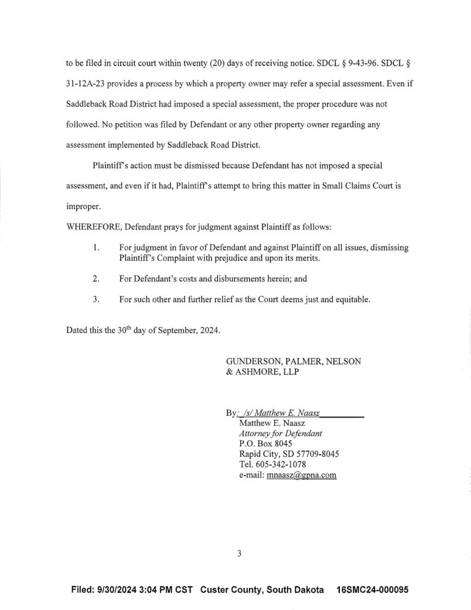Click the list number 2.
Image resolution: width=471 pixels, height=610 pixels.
click(x=96, y=278)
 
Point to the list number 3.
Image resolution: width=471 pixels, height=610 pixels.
click(x=96, y=300)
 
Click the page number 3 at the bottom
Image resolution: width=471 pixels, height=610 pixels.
click(x=239, y=553)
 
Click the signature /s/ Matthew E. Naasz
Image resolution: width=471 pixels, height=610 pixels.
click(x=280, y=412)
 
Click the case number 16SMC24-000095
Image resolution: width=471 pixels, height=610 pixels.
click(x=372, y=590)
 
